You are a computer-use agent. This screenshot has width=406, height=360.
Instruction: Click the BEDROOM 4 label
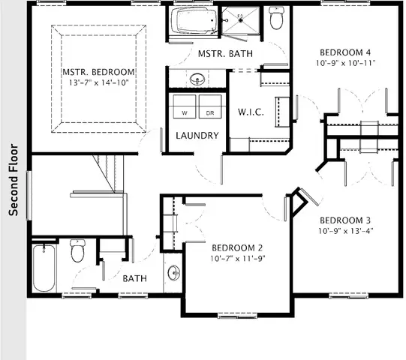click(346, 52)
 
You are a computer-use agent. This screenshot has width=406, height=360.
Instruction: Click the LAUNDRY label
click(197, 136)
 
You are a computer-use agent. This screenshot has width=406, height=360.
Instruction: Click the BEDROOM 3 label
click(346, 220)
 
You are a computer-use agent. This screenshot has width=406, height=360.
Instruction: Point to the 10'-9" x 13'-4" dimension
click(346, 230)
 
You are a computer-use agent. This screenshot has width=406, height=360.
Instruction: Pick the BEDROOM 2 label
click(238, 247)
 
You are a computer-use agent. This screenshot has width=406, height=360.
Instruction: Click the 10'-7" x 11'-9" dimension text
click(238, 258)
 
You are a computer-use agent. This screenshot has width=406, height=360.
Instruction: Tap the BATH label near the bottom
click(134, 278)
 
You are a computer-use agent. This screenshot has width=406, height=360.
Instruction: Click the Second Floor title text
click(13, 179)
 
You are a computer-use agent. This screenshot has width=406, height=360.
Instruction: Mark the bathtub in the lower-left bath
click(44, 268)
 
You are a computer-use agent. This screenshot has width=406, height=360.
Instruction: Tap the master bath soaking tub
click(193, 22)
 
